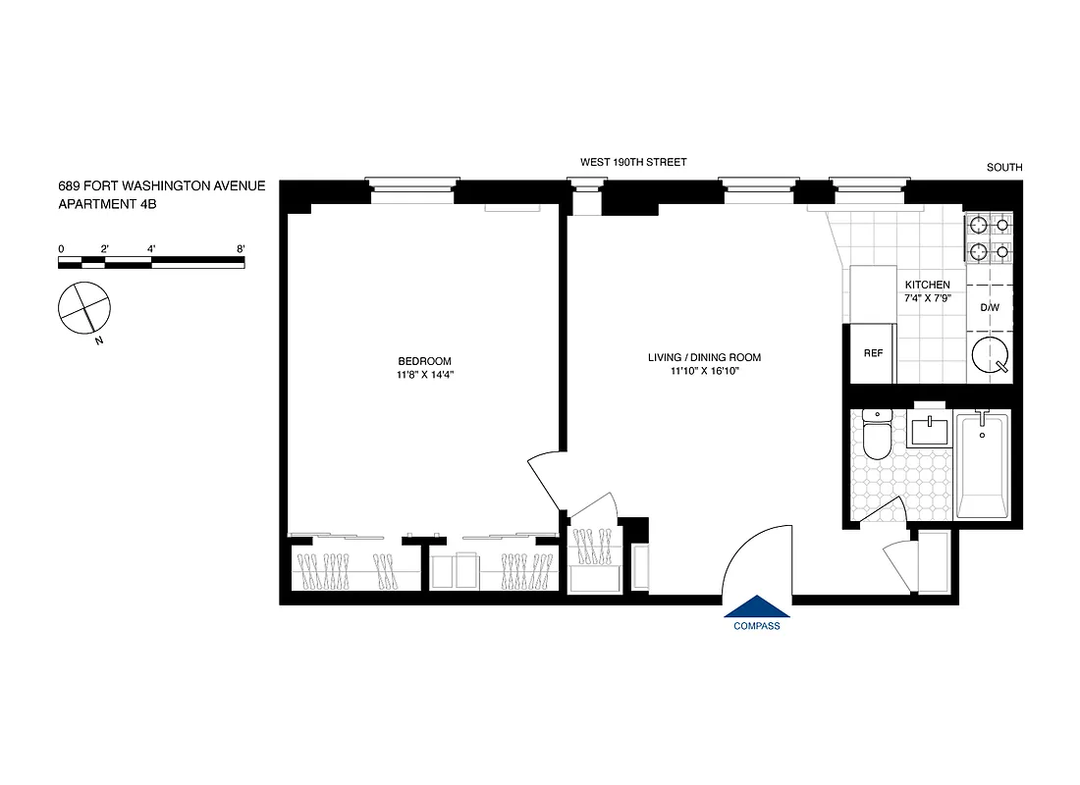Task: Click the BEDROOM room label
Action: tap(425, 361)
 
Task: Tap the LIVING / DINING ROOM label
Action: tap(704, 357)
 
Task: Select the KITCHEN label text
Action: tap(927, 285)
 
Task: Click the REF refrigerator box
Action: tap(873, 352)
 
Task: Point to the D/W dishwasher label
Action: tap(989, 308)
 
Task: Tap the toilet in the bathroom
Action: tap(877, 436)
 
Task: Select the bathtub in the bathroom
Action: tap(982, 465)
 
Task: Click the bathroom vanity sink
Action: tap(929, 431)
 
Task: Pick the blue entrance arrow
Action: tap(756, 607)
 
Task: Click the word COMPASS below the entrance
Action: tap(756, 627)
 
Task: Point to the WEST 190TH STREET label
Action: tap(633, 162)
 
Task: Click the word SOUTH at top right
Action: tap(1003, 168)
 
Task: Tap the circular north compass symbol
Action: tap(82, 306)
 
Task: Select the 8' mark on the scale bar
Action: tap(241, 249)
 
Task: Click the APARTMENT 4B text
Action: tap(108, 204)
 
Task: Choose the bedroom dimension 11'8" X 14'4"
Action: tap(425, 375)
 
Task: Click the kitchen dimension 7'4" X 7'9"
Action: tap(927, 298)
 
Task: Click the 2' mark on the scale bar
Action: tap(104, 249)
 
